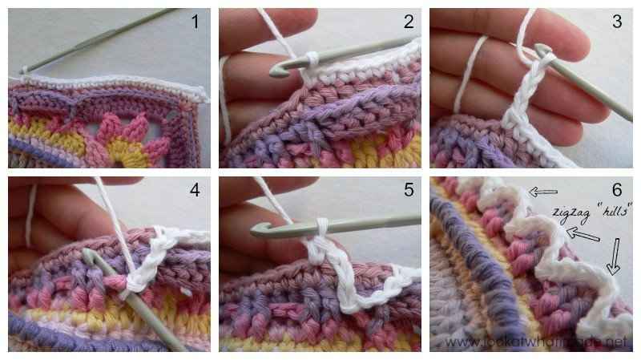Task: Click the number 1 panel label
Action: (196, 22)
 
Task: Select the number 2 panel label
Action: (409, 22)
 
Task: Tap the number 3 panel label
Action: (617, 22)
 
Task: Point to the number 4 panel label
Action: (195, 190)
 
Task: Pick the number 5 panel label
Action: (409, 190)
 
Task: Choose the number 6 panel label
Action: (617, 190)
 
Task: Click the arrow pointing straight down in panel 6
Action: (614, 257)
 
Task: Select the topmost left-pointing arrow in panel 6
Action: (543, 192)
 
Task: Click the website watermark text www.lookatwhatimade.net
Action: (536, 342)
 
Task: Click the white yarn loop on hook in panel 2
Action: (312, 60)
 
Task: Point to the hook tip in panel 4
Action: (89, 253)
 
